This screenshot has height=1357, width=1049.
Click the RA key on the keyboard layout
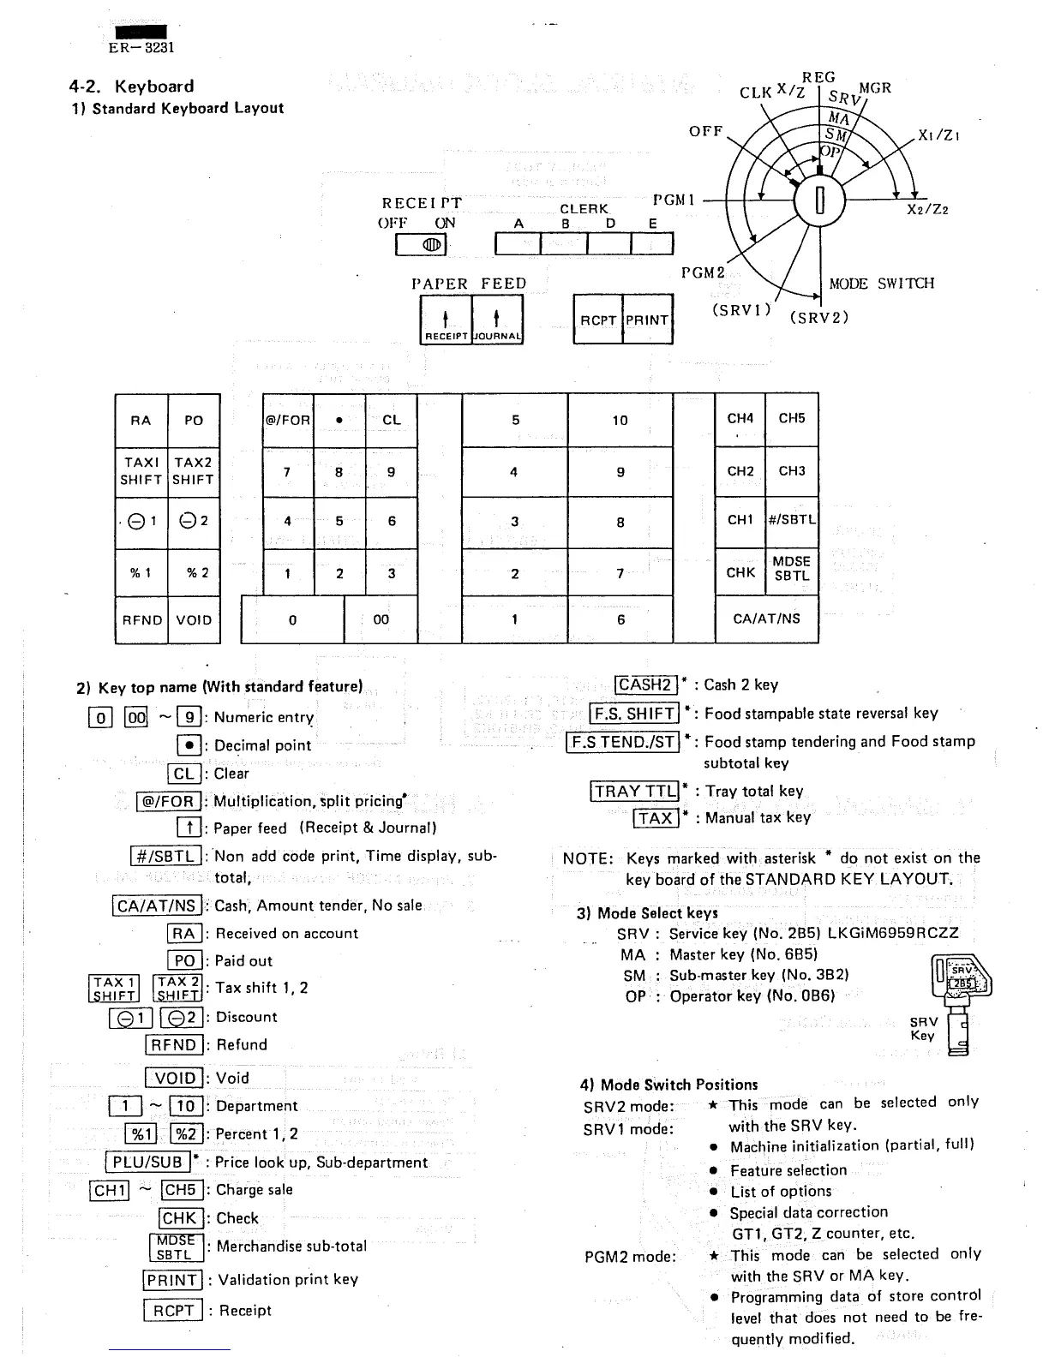tap(141, 420)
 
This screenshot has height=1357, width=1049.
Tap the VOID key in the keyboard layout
tap(194, 619)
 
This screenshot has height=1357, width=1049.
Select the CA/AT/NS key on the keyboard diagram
tap(766, 619)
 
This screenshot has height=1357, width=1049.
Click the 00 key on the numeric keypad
tap(381, 619)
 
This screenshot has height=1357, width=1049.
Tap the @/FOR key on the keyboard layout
tap(288, 420)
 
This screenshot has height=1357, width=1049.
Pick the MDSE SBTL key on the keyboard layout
tap(792, 569)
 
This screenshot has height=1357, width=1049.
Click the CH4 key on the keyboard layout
tap(740, 419)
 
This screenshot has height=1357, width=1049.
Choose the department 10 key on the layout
tap(620, 420)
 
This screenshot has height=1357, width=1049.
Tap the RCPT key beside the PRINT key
tap(598, 320)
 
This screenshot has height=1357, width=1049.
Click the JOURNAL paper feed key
tap(497, 320)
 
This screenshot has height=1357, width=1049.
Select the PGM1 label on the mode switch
tap(673, 200)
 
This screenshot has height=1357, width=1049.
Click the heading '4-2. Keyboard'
tap(131, 86)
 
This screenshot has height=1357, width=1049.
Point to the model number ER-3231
tap(141, 48)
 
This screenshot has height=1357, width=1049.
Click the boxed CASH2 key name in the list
tap(645, 684)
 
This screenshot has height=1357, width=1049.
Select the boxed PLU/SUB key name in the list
tap(147, 1163)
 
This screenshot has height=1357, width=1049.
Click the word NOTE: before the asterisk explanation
tap(588, 858)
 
